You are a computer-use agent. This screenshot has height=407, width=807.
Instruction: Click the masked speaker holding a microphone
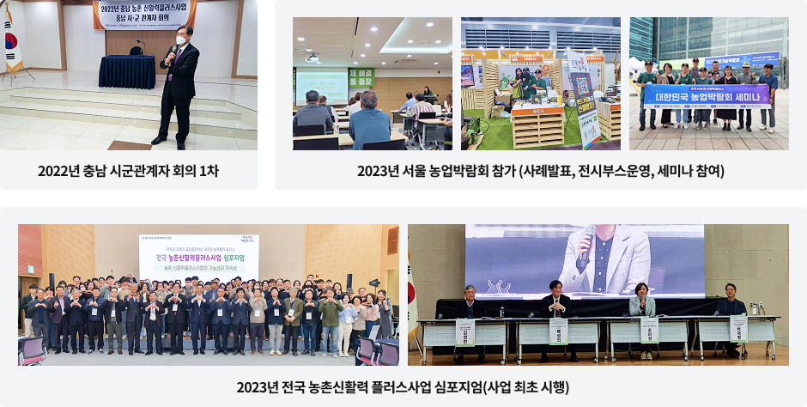(x=179, y=82)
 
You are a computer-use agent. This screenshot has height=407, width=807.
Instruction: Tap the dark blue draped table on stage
(x=126, y=71)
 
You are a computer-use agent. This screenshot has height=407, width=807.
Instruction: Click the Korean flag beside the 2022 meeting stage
(x=12, y=38)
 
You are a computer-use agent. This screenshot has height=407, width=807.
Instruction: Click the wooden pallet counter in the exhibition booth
(x=537, y=126)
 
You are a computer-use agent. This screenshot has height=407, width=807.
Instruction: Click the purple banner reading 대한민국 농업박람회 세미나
(x=707, y=94)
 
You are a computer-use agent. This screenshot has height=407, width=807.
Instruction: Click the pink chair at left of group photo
(x=31, y=349)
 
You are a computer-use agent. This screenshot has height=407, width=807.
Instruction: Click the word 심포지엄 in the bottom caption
(x=460, y=386)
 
